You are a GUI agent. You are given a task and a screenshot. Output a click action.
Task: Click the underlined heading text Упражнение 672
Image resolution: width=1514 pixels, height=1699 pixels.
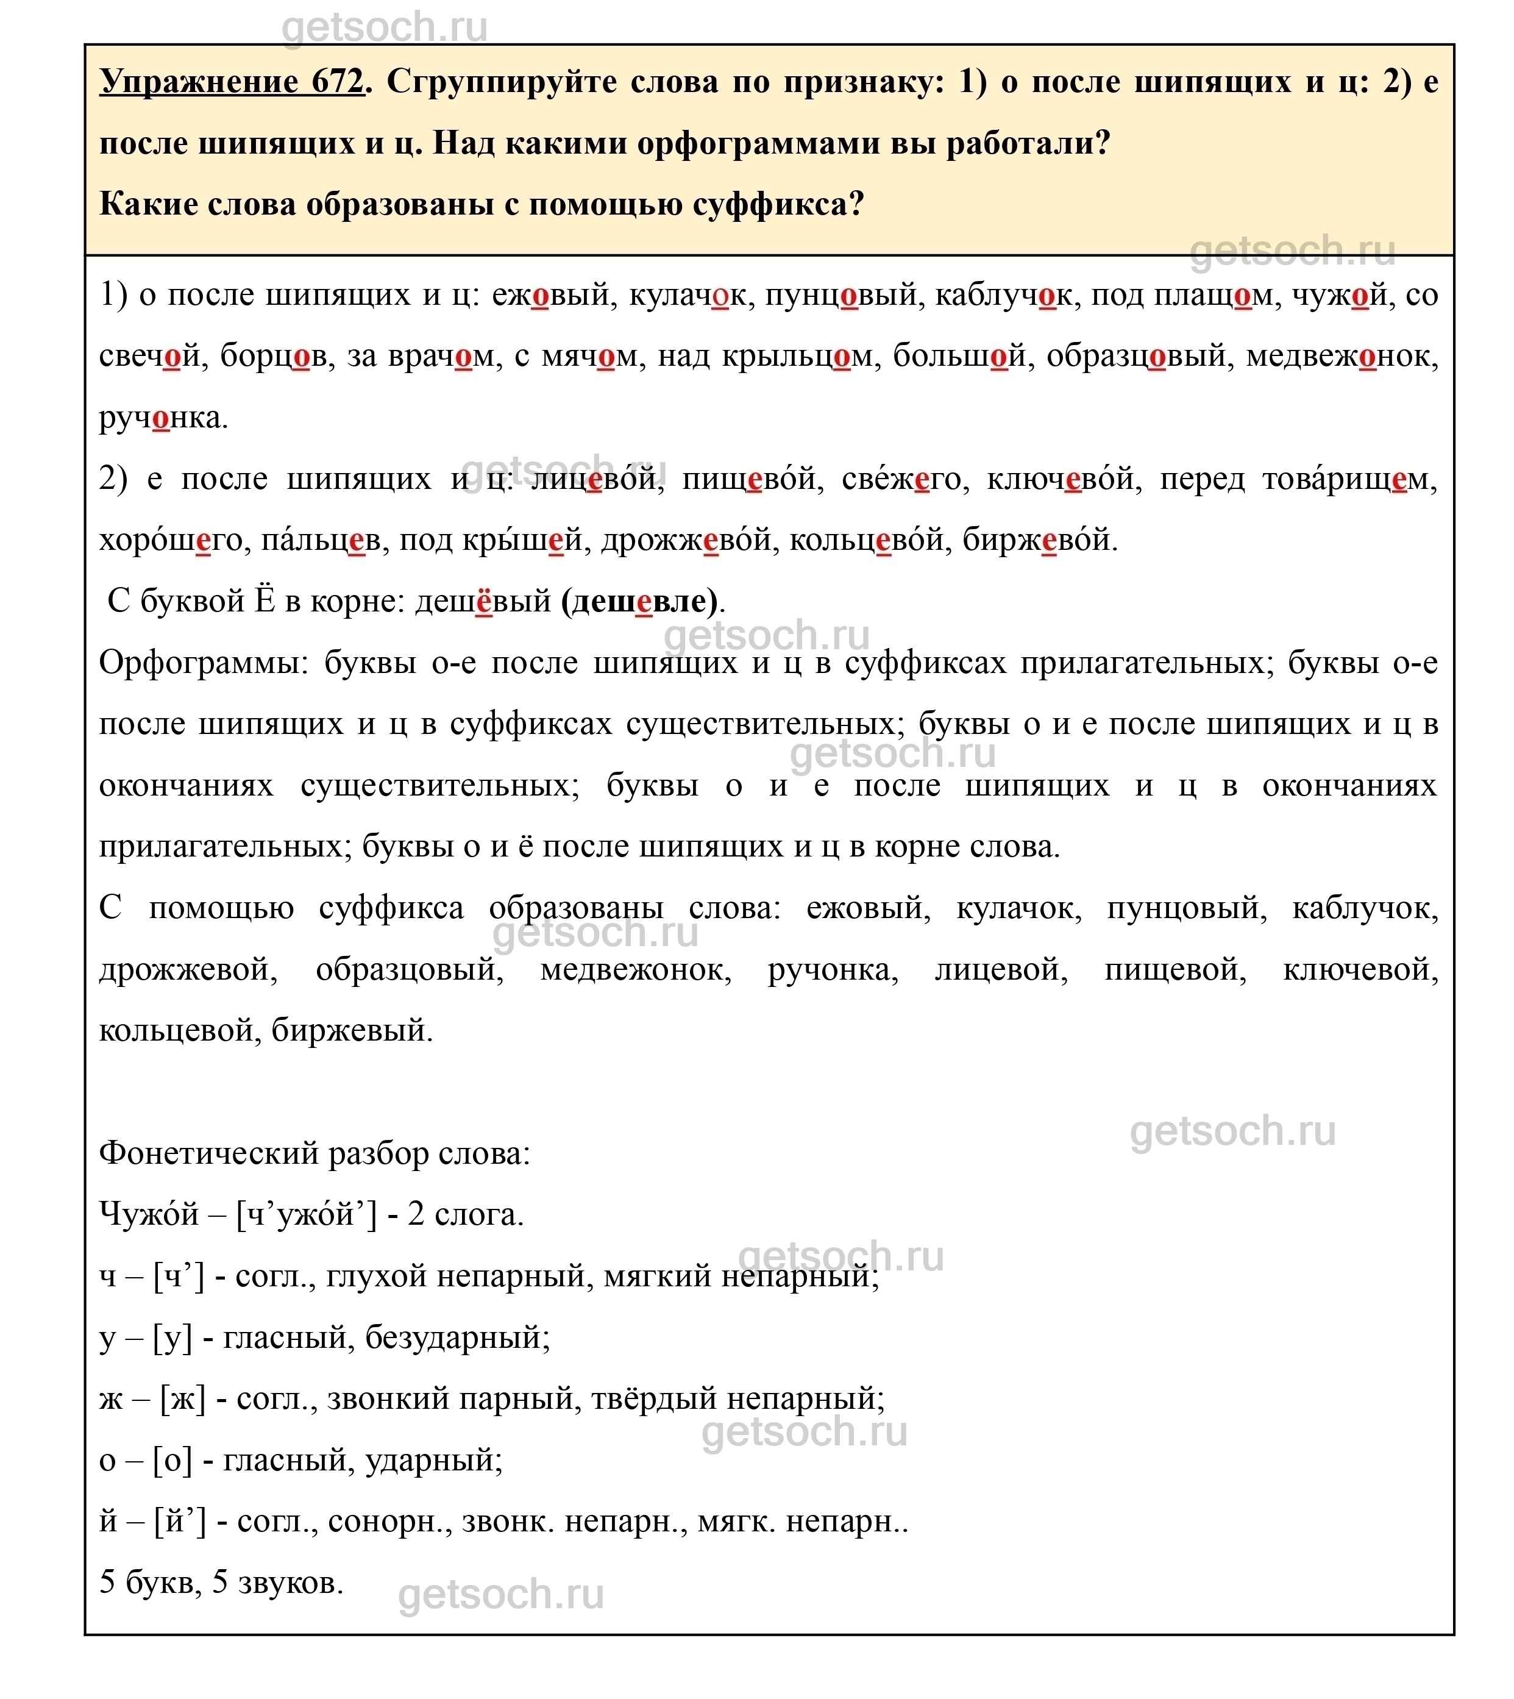pos(231,82)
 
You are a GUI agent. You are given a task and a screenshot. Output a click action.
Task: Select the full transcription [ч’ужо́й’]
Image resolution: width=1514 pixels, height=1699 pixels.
pos(306,1216)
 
